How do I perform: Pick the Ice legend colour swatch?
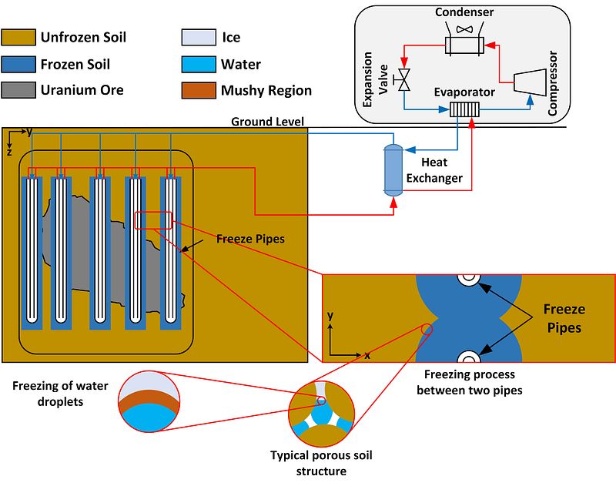click(198, 37)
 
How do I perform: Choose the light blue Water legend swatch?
click(198, 64)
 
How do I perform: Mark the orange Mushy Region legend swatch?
click(198, 90)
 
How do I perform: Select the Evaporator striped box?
click(465, 109)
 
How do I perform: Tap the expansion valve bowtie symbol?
click(402, 79)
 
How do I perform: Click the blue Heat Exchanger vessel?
click(394, 169)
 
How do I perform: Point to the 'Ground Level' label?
click(268, 121)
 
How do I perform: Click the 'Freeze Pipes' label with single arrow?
click(249, 239)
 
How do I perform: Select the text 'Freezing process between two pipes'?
click(469, 383)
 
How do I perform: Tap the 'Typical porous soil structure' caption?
click(321, 463)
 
